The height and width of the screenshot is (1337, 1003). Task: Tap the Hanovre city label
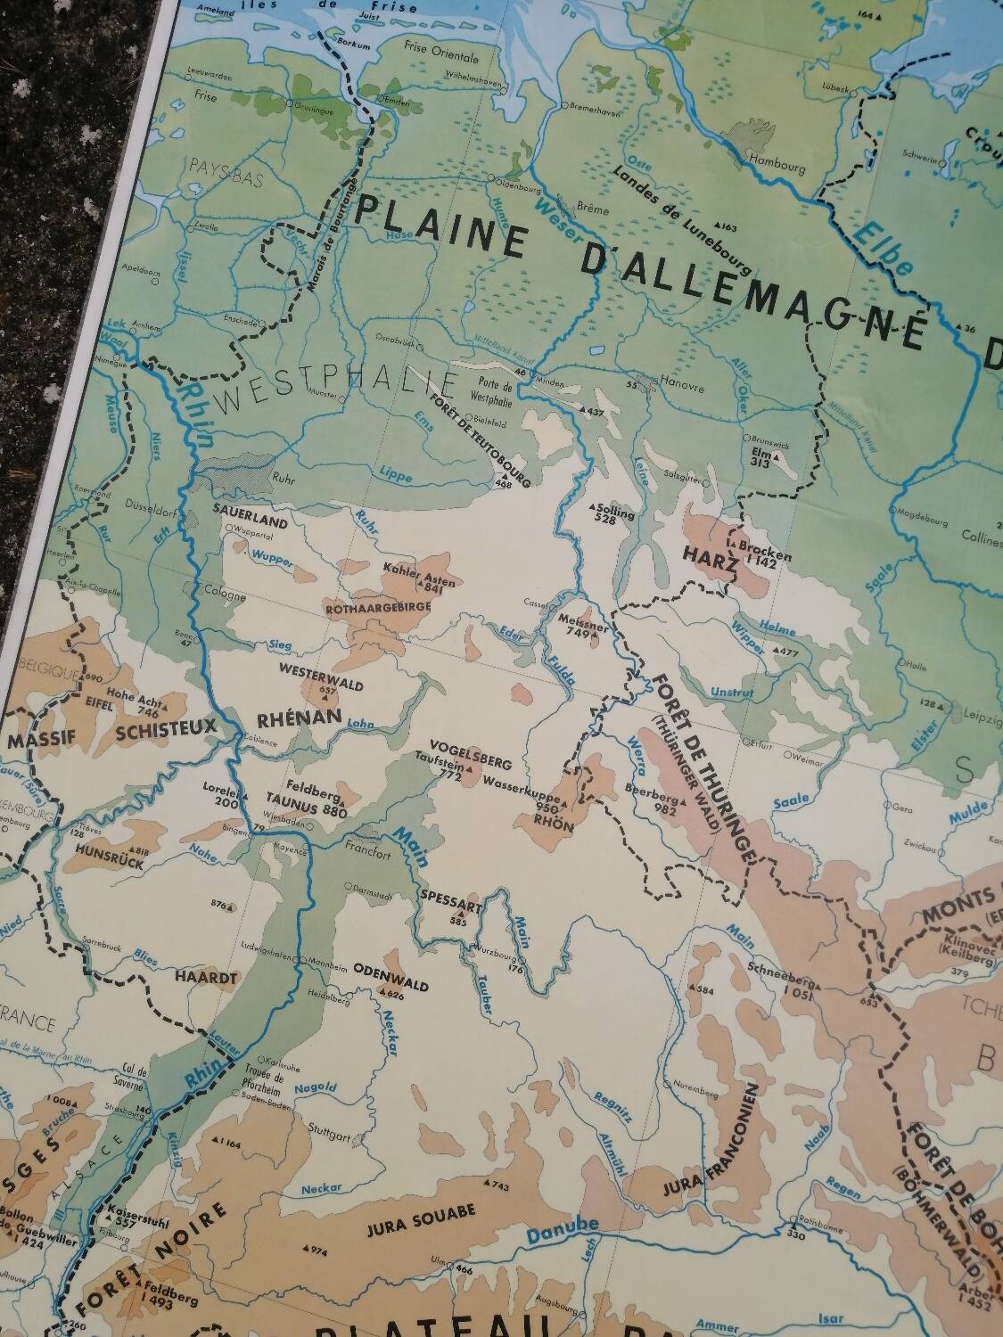click(683, 389)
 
